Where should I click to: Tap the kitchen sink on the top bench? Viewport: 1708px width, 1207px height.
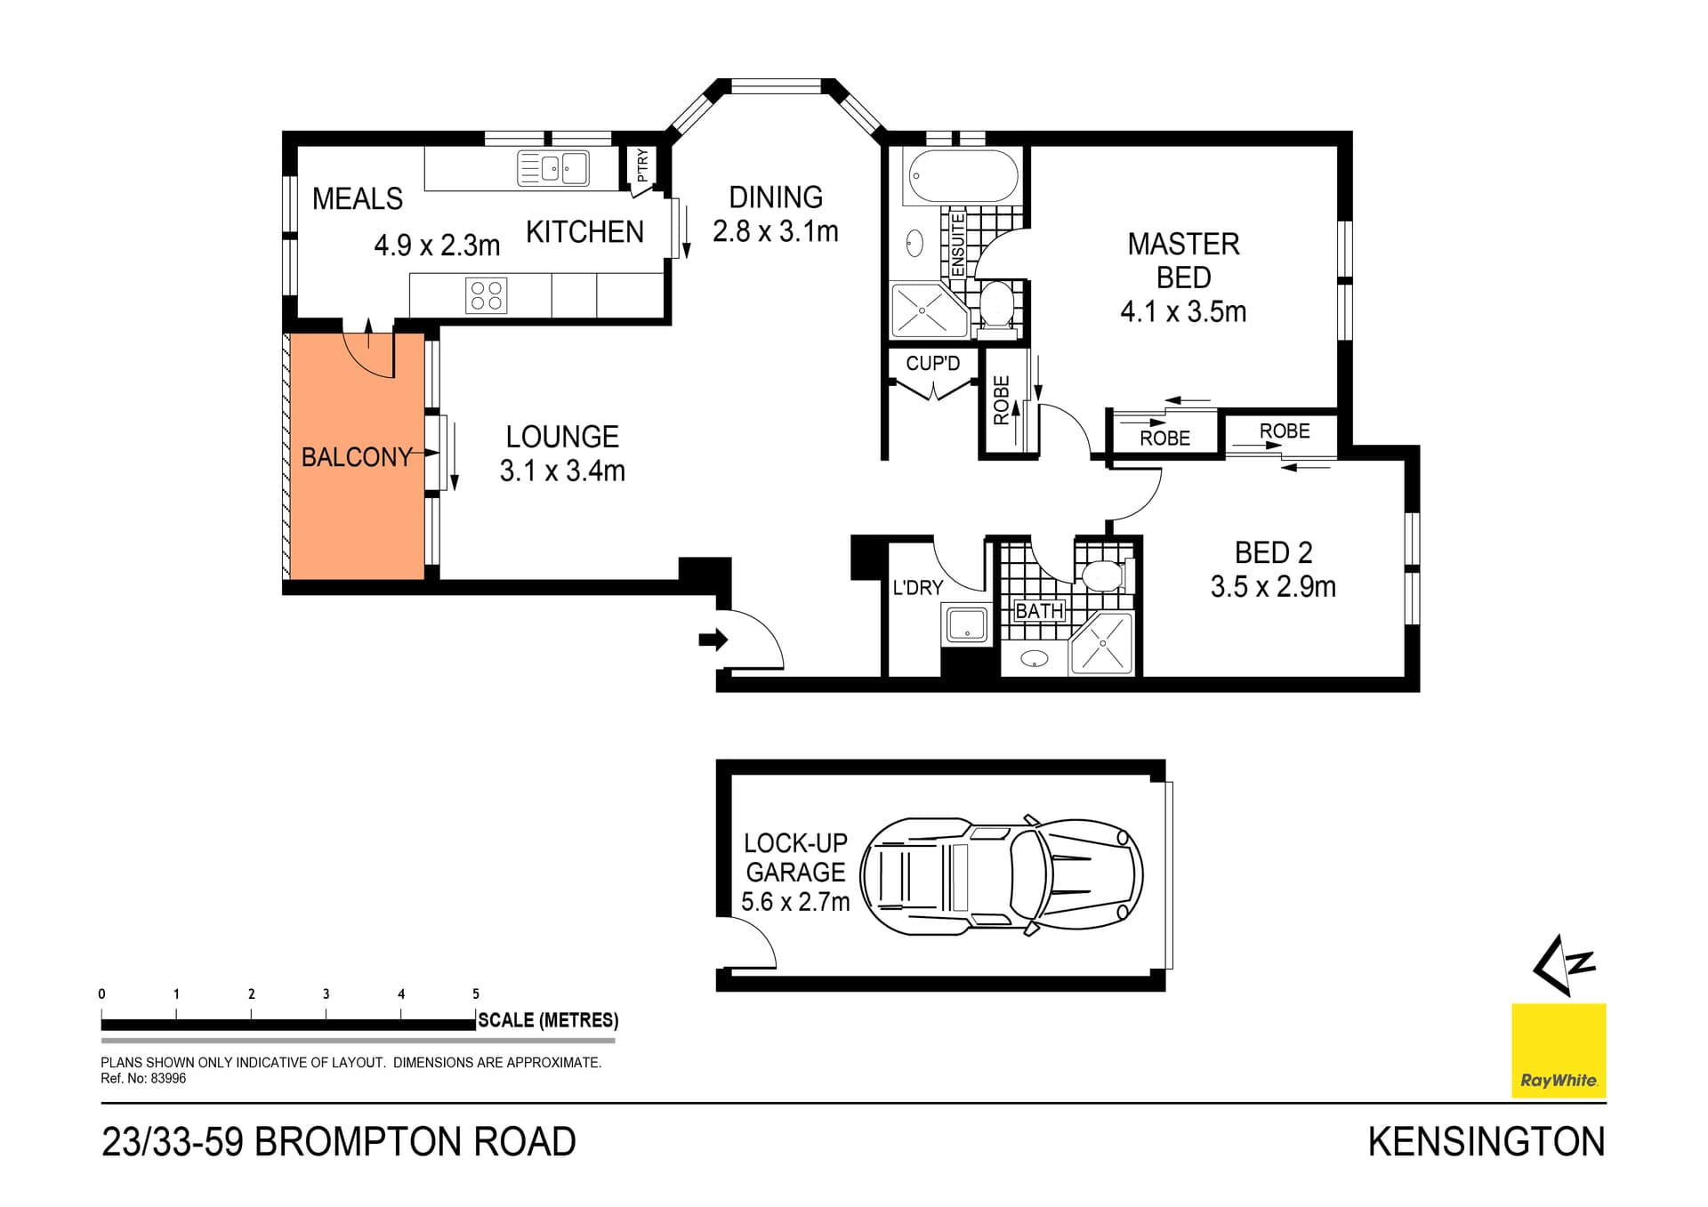point(552,167)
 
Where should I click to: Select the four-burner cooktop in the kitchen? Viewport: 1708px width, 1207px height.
point(486,295)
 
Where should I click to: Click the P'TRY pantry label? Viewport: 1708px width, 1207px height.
point(642,165)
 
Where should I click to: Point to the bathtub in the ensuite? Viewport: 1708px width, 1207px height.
point(962,176)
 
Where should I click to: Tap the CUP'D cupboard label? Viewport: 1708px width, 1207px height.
point(932,363)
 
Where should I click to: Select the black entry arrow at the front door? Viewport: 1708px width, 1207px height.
point(713,639)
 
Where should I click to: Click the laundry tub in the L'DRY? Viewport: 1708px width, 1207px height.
point(966,624)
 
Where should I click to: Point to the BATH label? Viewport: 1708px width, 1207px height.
point(1038,611)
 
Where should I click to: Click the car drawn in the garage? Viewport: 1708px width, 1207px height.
point(1001,876)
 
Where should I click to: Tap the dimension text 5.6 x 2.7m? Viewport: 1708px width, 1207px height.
point(795,902)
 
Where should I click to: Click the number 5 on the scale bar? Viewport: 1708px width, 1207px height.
point(476,994)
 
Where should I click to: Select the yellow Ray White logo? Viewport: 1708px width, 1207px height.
point(1559,1050)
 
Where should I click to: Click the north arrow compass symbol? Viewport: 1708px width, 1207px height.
point(1563,964)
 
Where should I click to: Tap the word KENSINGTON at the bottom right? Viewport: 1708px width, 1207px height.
point(1486,1142)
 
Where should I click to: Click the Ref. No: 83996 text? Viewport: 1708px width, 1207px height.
point(143,1078)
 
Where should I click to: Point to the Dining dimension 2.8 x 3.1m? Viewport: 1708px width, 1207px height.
point(775,231)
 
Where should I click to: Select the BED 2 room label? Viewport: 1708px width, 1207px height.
point(1273,552)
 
